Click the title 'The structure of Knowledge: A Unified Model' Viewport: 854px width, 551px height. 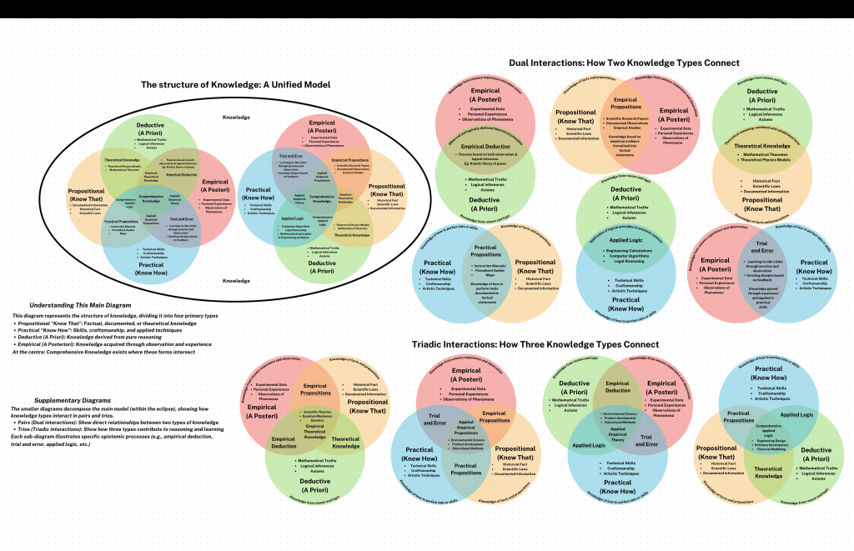pos(235,85)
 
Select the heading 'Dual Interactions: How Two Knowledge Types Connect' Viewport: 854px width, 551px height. pos(624,63)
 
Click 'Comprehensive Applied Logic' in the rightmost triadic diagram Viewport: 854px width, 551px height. pos(769,430)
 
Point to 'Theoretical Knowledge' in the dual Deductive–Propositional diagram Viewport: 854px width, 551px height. pos(762,145)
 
